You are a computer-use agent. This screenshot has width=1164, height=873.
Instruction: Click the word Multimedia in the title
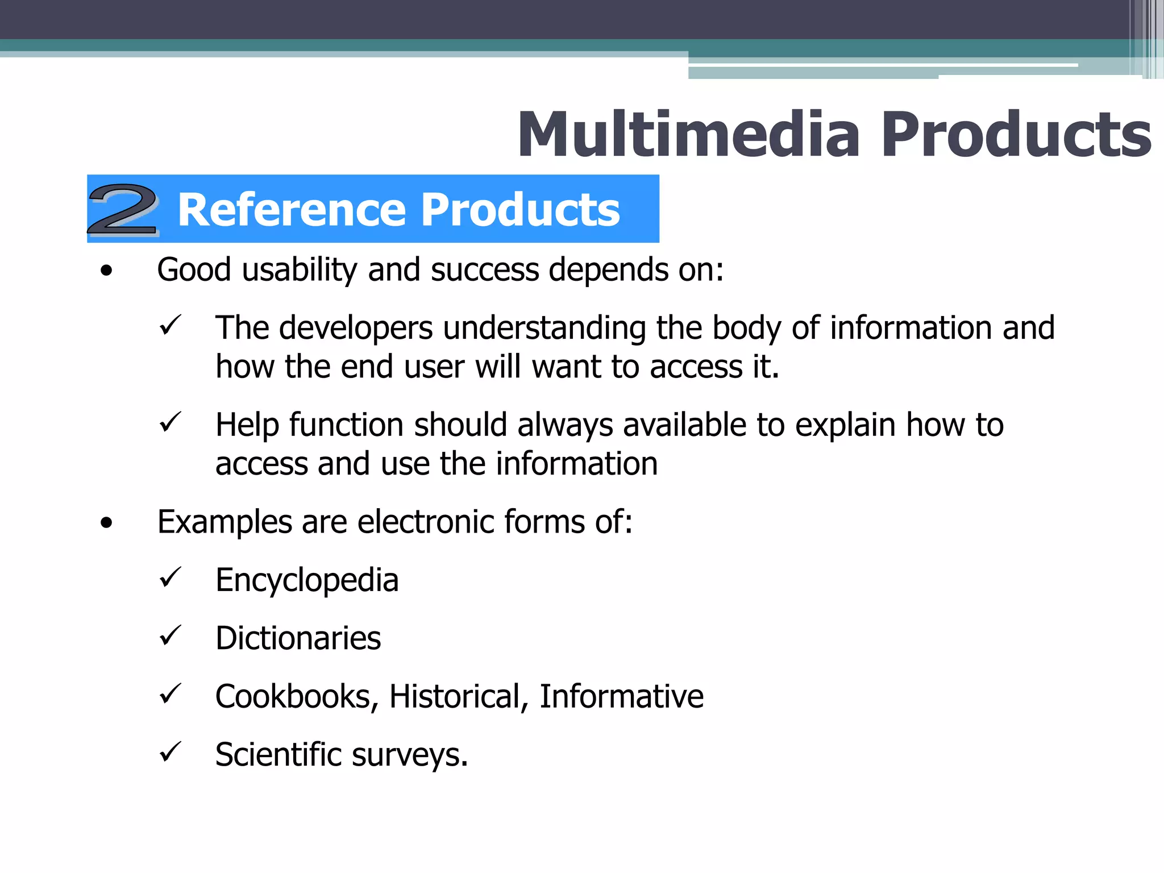[x=688, y=135]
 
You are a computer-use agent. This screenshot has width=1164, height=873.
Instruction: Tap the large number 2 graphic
[x=123, y=210]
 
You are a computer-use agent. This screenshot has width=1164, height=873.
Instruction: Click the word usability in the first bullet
[x=300, y=270]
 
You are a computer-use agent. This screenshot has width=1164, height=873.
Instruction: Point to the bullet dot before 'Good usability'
[x=106, y=272]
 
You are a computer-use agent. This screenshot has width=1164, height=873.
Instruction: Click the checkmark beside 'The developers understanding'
[x=170, y=326]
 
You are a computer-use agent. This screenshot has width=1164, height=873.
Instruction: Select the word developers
[x=356, y=329]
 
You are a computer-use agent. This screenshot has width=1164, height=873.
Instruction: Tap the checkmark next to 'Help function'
[x=170, y=423]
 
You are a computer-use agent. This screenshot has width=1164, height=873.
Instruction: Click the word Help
[x=247, y=425]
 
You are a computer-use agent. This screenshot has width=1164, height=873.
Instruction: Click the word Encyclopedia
[x=307, y=581]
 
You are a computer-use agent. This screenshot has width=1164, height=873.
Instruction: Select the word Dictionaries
[x=298, y=638]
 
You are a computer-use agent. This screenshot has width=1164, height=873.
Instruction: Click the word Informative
[x=621, y=697]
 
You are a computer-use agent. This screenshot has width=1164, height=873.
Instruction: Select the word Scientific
[x=278, y=755]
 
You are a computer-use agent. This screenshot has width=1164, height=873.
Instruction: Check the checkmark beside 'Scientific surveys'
[x=170, y=752]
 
